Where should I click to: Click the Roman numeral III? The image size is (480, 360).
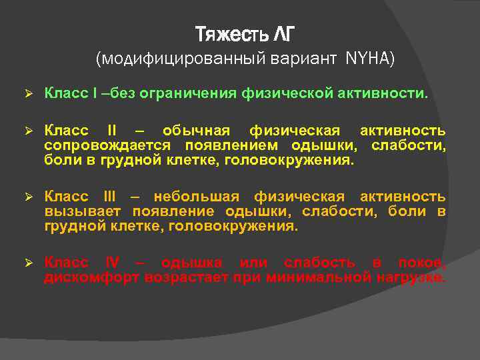[x=109, y=197]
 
